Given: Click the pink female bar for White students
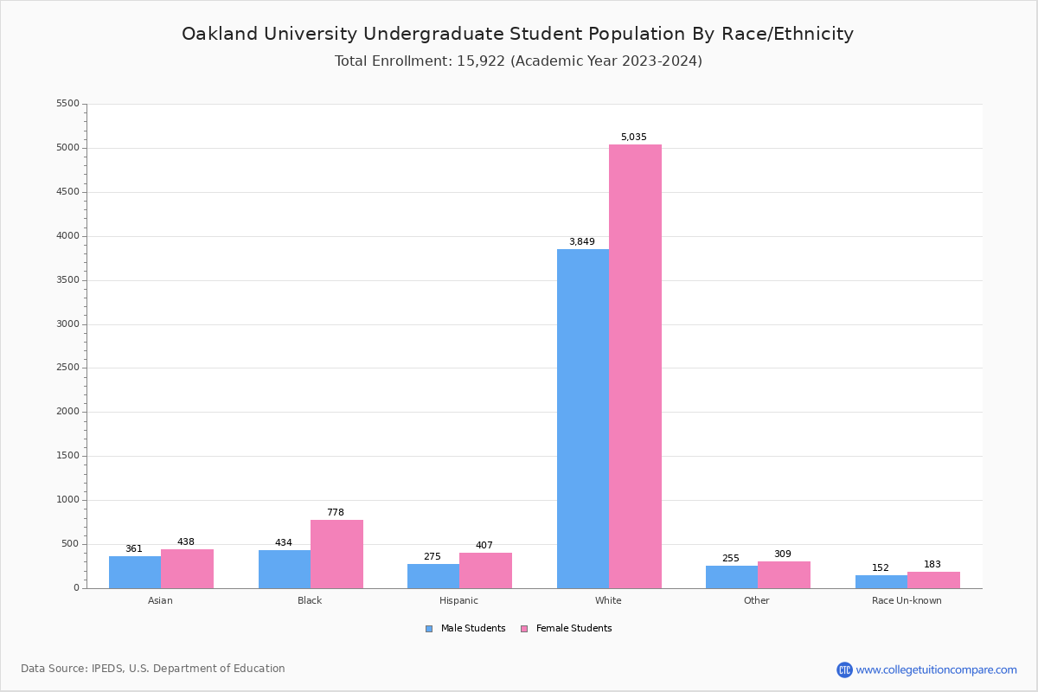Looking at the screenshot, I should (635, 367).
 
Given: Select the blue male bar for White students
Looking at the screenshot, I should (582, 419).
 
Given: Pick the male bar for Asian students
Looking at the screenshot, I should (135, 572).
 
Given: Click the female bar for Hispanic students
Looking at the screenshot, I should (485, 570).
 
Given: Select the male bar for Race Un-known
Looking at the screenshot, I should (881, 581).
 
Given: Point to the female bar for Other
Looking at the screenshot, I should (784, 574).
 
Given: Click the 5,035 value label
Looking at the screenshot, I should (633, 138).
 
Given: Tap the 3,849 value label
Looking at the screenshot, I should (581, 242).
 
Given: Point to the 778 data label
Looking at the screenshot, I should (335, 513).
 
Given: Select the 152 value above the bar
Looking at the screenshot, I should (880, 568).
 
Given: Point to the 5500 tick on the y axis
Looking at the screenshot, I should (67, 104).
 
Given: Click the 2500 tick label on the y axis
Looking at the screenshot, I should (67, 368).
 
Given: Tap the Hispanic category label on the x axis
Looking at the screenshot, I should (458, 601).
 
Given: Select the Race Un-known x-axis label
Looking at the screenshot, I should (907, 601).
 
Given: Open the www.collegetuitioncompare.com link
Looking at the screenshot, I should (936, 670).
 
